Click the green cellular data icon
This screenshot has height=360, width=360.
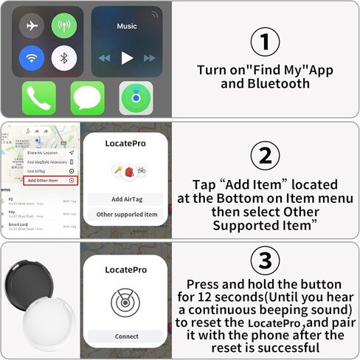(64, 26)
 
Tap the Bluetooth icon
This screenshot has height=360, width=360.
(64, 58)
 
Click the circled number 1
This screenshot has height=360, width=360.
(266, 42)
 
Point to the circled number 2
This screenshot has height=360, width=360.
(266, 155)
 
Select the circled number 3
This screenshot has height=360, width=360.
(266, 261)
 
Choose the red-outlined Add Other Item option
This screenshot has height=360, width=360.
(50, 180)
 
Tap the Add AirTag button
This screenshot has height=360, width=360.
(124, 199)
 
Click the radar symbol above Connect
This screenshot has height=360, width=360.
(125, 302)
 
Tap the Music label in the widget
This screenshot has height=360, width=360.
(127, 27)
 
